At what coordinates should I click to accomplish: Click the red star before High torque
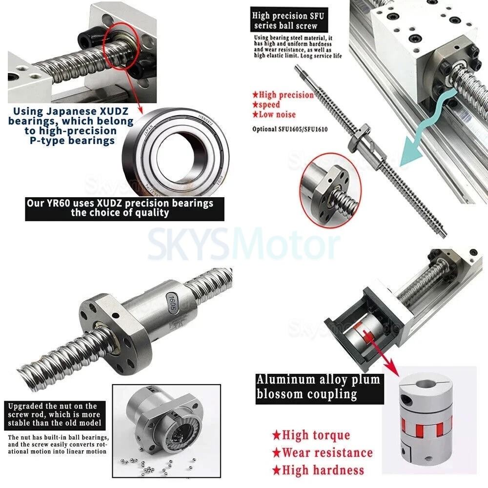(276, 435)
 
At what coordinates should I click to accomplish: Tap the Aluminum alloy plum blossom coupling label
(318, 386)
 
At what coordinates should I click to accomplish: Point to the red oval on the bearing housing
(122, 49)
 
